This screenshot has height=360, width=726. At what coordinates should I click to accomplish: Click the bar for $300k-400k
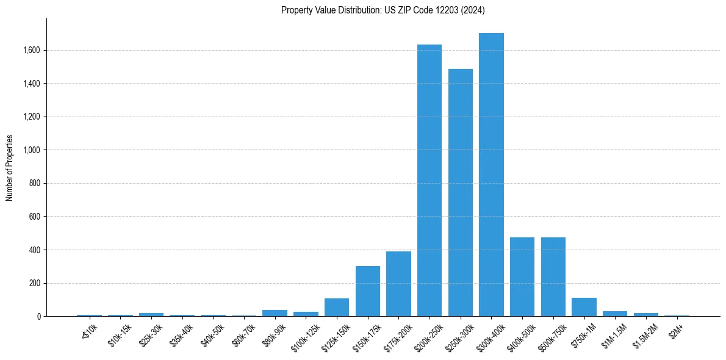click(491, 175)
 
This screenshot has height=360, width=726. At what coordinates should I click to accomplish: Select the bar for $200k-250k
click(429, 181)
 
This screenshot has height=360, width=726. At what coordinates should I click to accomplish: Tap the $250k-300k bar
click(461, 193)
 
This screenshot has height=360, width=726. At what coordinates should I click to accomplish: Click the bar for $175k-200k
click(398, 284)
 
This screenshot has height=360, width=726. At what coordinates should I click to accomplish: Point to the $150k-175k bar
click(368, 292)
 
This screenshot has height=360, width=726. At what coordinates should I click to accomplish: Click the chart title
click(383, 10)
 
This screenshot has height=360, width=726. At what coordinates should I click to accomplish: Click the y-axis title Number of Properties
click(10, 168)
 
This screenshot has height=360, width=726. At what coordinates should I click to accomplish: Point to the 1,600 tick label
click(32, 50)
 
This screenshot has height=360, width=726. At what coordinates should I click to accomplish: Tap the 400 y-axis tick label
click(36, 250)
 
